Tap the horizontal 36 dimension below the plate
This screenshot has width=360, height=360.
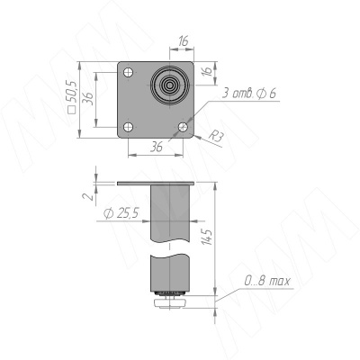pyautogui.click(x=157, y=146)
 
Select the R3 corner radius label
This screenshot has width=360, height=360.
pyautogui.click(x=216, y=136)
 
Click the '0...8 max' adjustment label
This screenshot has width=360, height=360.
pyautogui.click(x=267, y=282)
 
